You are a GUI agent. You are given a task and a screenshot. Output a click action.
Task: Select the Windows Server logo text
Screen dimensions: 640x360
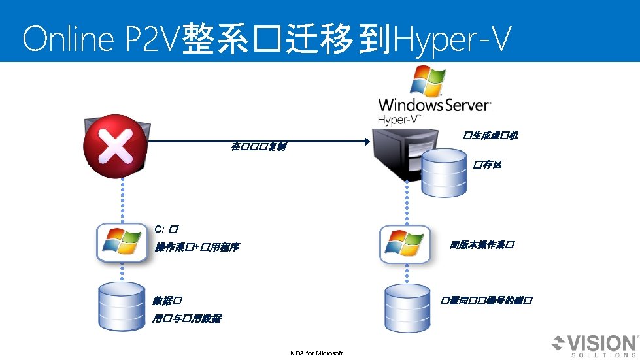[x=434, y=105]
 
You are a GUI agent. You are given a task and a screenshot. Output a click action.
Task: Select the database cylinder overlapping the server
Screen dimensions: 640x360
[x=445, y=173]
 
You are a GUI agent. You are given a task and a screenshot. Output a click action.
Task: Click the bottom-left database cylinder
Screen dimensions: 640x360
[x=120, y=306]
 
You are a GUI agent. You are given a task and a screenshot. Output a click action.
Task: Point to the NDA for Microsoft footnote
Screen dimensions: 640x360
[x=316, y=353]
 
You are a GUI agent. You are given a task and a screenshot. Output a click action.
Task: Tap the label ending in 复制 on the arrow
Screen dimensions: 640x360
[x=258, y=146]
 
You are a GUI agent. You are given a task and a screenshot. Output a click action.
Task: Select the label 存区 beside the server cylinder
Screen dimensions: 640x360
[x=488, y=165]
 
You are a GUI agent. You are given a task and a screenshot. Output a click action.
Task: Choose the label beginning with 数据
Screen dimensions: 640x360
[x=167, y=301]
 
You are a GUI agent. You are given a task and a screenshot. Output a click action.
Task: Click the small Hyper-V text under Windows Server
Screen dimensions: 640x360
[x=399, y=120]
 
